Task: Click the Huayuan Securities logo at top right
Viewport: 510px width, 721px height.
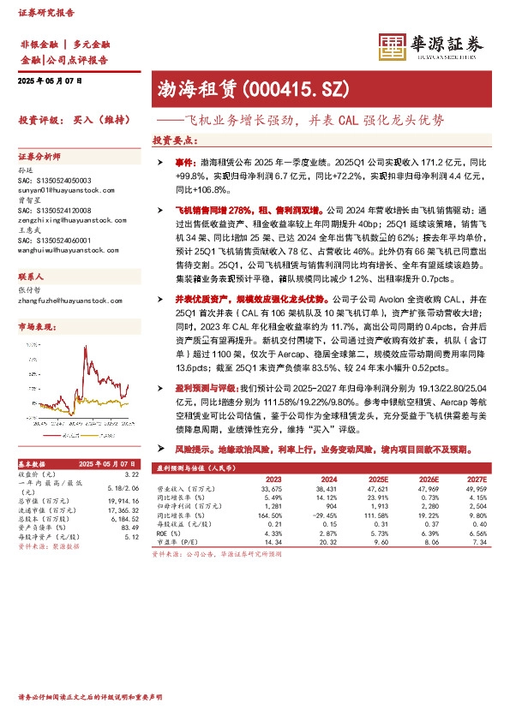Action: tap(432, 45)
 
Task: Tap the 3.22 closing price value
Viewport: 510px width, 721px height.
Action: tap(131, 474)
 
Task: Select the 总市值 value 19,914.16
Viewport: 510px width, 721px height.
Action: tap(124, 499)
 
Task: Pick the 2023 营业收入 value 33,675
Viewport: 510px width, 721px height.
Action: tap(271, 488)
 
